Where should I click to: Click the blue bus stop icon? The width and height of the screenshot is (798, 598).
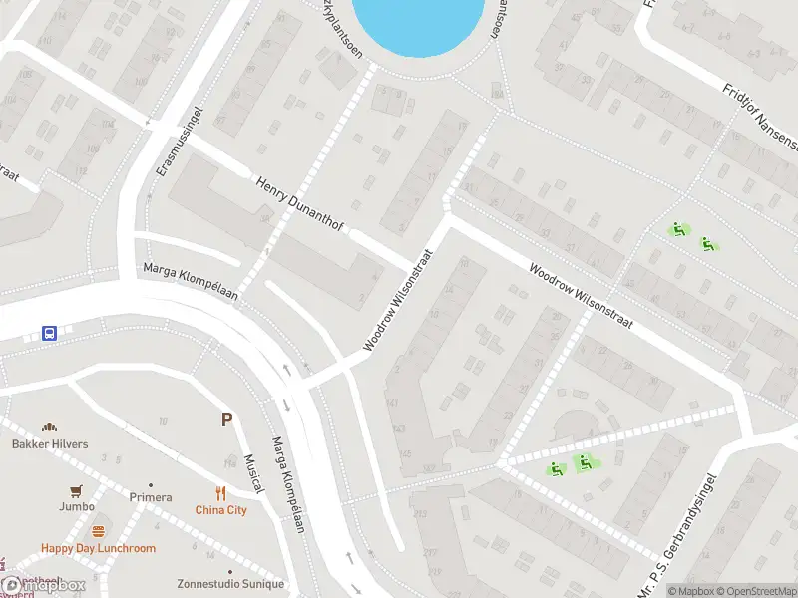point(49,333)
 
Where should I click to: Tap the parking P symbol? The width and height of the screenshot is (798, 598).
point(227,420)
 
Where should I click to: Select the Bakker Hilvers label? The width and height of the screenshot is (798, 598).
point(50,444)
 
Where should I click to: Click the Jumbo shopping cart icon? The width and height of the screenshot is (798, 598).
point(76,491)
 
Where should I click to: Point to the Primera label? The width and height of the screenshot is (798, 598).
point(151,497)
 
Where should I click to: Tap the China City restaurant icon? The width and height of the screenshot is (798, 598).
point(220,493)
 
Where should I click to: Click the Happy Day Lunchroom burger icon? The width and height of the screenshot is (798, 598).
point(98,531)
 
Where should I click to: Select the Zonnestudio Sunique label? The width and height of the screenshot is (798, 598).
point(230,584)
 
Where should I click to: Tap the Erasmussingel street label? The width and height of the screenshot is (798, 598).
point(181,142)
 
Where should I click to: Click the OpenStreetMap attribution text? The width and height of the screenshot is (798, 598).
point(755,591)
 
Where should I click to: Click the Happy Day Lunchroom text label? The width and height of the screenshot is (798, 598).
point(98,548)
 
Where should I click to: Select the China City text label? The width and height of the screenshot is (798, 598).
point(220,510)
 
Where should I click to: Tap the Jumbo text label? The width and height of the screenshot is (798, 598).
point(76,506)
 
